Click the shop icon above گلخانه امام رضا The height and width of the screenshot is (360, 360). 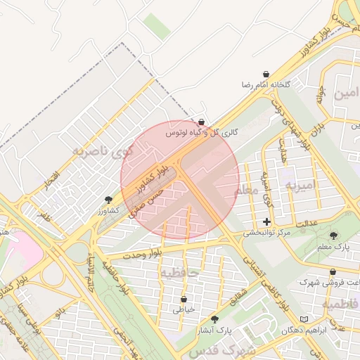tap(266, 74)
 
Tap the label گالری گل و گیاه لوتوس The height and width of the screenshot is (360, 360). tap(202, 132)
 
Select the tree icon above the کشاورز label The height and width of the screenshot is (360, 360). tap(108, 200)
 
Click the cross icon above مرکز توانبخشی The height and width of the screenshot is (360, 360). tap(266, 221)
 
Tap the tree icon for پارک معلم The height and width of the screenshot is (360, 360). tap(333, 236)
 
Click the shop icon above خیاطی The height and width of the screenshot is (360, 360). tap(184, 299)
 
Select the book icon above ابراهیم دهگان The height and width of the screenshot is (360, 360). tap(304, 319)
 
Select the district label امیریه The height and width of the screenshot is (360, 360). tap(302, 184)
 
